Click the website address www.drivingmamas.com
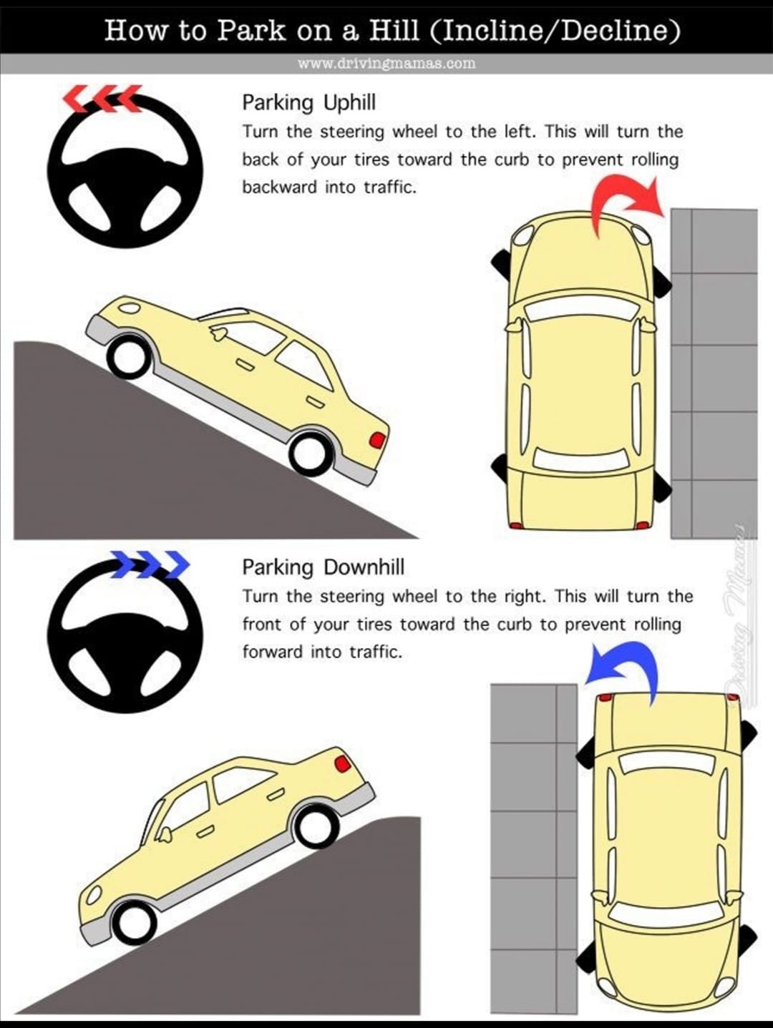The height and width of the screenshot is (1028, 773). pos(386,63)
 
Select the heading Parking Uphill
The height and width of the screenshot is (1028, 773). pos(308,103)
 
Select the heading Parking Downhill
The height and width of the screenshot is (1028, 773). pos(324,567)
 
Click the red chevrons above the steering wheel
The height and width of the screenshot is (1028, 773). pos(102,98)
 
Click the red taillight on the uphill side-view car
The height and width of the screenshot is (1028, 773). pos(377,440)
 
